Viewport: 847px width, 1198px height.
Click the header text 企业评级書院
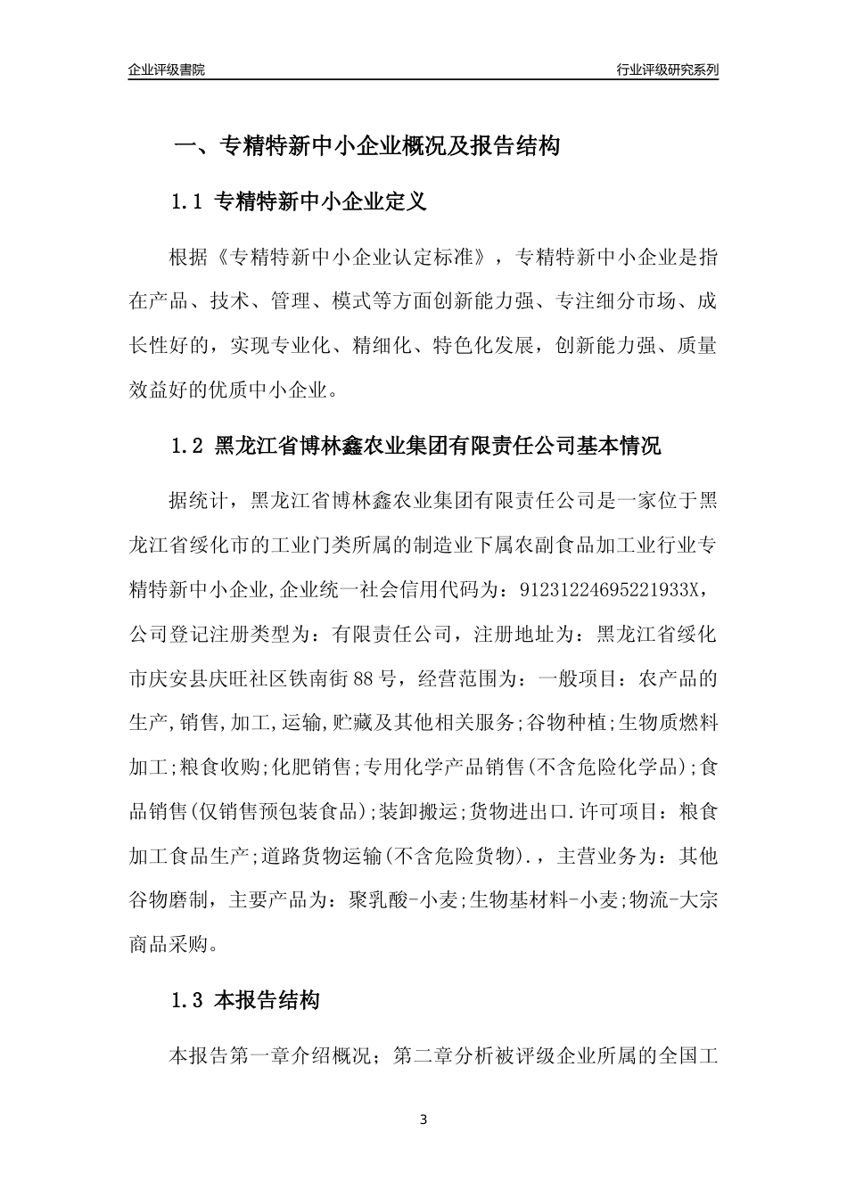[167, 70]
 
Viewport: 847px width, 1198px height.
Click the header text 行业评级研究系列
[667, 70]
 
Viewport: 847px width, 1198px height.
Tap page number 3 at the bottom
[423, 1120]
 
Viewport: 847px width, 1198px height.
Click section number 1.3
[188, 1001]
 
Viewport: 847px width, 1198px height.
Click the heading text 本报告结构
[267, 1001]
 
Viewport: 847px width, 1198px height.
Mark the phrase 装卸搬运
[418, 811]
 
